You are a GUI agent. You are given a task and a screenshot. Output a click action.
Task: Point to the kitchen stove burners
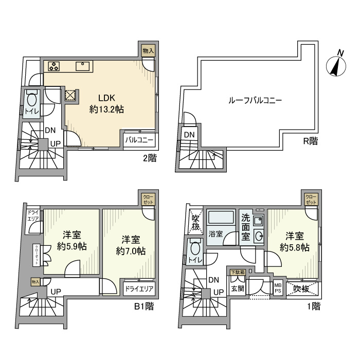(54, 66)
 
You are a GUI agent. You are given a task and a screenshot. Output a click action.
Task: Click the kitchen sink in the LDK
(83, 66)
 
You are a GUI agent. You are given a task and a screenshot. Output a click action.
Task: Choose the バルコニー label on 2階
(138, 139)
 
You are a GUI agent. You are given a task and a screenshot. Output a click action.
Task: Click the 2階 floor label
(149, 158)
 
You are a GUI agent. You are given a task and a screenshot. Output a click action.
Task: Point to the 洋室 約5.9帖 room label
(73, 240)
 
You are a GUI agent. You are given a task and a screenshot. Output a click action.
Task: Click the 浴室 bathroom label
(215, 234)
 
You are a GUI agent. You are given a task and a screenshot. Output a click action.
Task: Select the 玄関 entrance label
(237, 289)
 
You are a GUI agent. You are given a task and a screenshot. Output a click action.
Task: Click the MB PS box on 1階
(278, 287)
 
